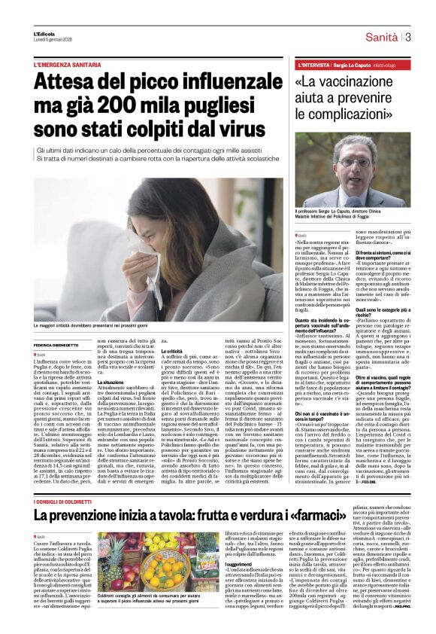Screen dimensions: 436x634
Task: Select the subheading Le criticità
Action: [174, 351]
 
